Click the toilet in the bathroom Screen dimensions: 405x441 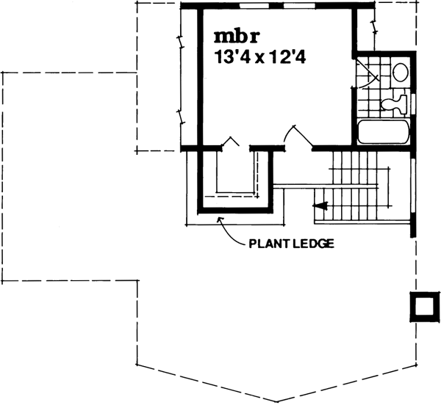click(x=395, y=101)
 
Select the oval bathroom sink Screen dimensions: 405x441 click(x=400, y=73)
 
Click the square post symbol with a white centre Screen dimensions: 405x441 click(x=421, y=306)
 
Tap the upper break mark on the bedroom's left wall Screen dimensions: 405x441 click(x=180, y=40)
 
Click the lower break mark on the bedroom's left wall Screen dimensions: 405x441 click(x=180, y=116)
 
